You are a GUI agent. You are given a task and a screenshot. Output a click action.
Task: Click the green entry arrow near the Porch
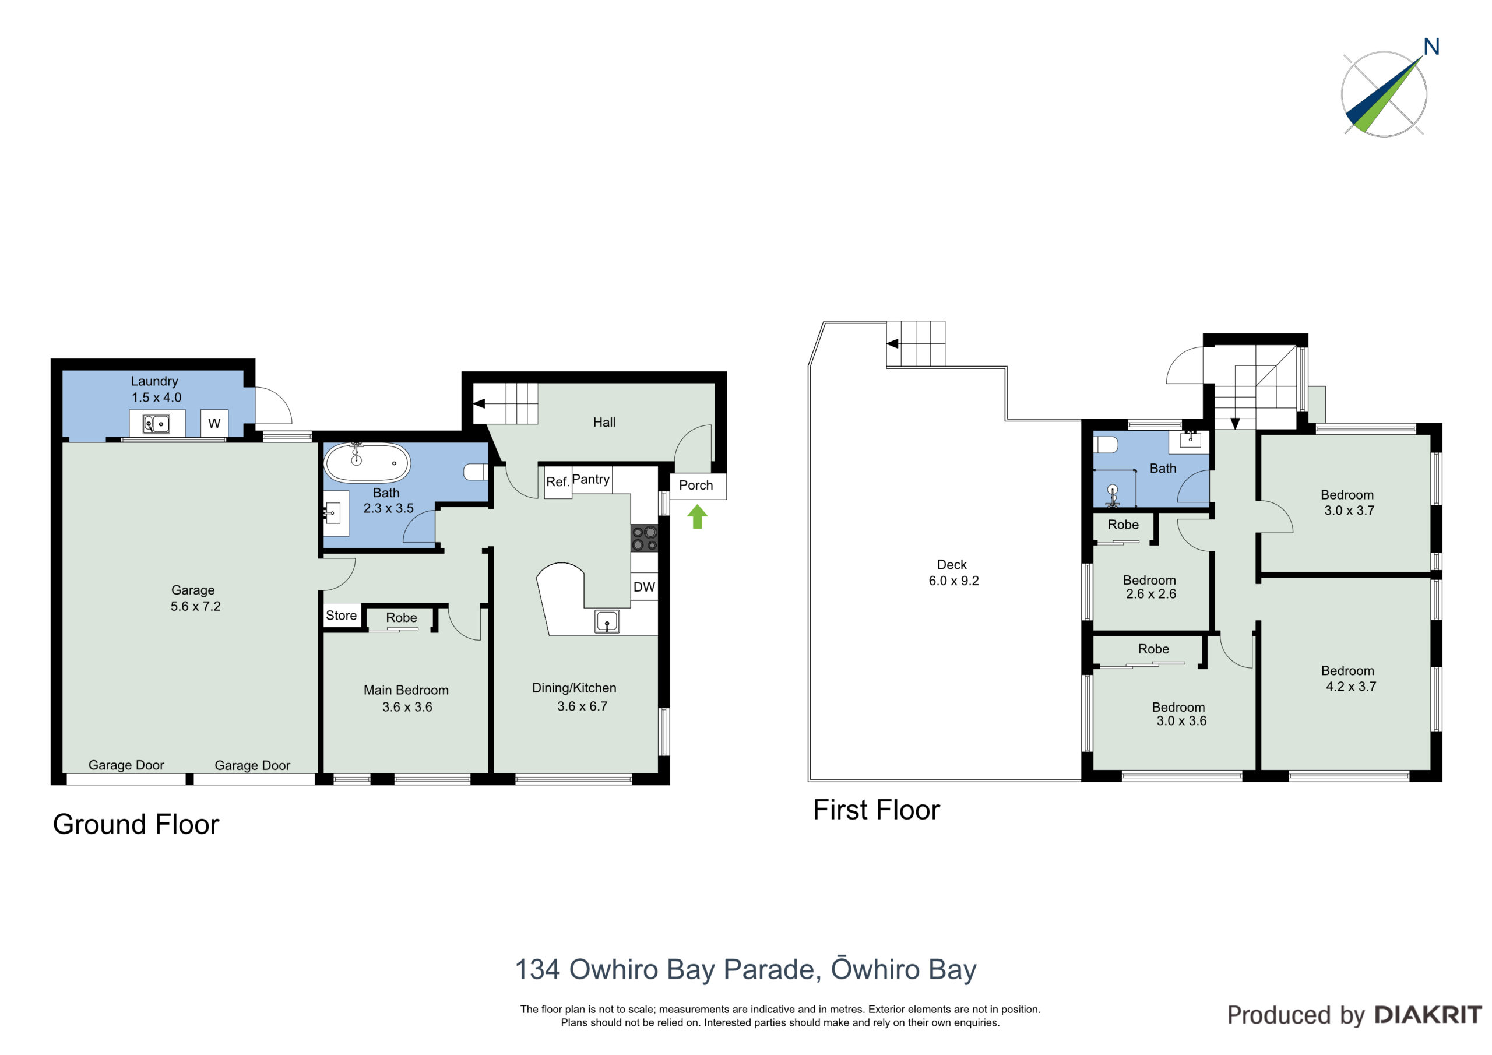tap(697, 517)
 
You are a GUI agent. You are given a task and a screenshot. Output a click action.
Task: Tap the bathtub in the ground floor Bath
tap(367, 463)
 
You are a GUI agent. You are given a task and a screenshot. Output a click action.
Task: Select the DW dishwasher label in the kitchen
tap(644, 587)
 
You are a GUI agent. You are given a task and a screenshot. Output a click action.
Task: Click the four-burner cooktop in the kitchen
tap(645, 538)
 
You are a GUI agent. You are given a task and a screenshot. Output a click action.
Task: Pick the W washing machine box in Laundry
tap(214, 423)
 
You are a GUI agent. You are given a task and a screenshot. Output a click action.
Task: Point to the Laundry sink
tap(157, 424)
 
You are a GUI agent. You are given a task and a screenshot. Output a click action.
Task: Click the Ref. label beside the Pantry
tap(558, 481)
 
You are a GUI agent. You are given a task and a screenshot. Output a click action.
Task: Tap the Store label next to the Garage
tap(341, 615)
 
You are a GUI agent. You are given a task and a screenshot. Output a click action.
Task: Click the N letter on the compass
tap(1431, 47)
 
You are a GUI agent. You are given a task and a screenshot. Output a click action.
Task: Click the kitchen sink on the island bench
tap(607, 621)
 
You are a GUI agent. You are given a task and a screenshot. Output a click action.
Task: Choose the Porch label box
tap(698, 486)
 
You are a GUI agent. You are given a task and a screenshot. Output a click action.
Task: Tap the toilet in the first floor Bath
tap(1106, 445)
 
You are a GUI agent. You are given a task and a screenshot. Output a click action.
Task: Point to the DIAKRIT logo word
tap(1428, 1015)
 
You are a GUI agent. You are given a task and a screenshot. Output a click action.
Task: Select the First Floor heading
tap(877, 810)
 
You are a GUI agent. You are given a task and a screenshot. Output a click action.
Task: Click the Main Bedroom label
tap(406, 690)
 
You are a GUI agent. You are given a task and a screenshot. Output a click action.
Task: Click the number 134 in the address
tap(537, 969)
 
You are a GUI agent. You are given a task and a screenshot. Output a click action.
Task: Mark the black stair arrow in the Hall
tap(479, 404)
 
